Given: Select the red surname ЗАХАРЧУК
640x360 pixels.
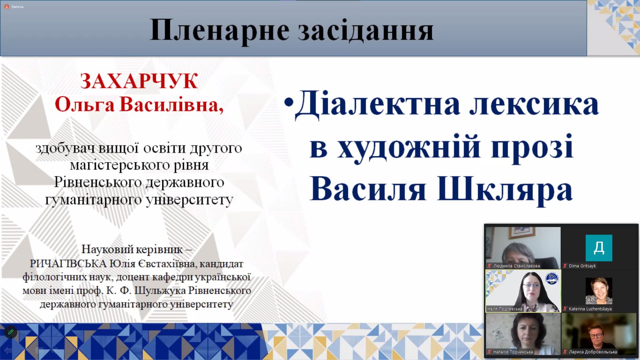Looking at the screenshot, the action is tap(139, 82).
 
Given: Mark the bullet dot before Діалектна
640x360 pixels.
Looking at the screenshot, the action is tap(289, 102).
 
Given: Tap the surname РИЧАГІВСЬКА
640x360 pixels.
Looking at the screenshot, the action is tap(68, 264).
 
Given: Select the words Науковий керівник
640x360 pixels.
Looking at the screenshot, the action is tap(132, 250).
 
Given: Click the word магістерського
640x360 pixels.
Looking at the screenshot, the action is tap(120, 165).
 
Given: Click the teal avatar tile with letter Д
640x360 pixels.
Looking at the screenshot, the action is tap(599, 248).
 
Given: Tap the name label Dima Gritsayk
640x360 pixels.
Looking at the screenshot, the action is tap(582, 266).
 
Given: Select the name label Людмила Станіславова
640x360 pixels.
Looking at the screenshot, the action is tap(516, 266).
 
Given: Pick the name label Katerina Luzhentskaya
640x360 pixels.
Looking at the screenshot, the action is tap(590, 309).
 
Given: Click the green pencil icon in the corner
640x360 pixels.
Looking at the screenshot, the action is tap(11, 332).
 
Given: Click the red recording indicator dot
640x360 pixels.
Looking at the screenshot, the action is tap(6, 6).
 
